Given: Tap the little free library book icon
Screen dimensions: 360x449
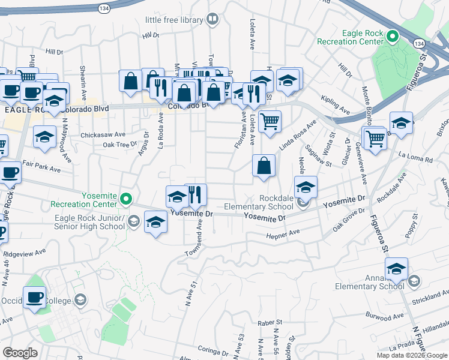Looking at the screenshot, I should pyautogui.click(x=211, y=20).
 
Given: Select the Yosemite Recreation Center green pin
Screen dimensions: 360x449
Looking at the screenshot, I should pyautogui.click(x=125, y=199).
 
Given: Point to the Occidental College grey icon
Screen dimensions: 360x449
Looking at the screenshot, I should pyautogui.click(x=80, y=300).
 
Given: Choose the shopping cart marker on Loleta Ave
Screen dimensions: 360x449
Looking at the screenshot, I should pyautogui.click(x=270, y=121).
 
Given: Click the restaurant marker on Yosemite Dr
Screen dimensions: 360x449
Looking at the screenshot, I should pyautogui.click(x=195, y=194).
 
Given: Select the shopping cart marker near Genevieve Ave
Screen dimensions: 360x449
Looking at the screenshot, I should pyautogui.click(x=375, y=138).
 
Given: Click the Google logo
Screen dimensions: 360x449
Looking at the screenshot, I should pyautogui.click(x=20, y=353).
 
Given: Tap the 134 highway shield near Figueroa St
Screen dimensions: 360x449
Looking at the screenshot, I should pyautogui.click(x=418, y=43).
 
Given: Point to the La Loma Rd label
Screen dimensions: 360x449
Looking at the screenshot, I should pyautogui.click(x=420, y=160).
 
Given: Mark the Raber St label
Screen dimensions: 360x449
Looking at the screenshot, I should pyautogui.click(x=270, y=323).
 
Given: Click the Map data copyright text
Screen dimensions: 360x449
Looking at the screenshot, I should pyautogui.click(x=412, y=355).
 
